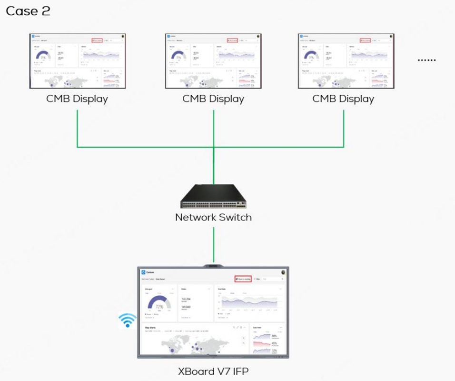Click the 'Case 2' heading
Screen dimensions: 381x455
click(x=28, y=11)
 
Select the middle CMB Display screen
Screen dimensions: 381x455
click(x=213, y=61)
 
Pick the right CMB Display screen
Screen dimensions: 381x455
click(x=346, y=61)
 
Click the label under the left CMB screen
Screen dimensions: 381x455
click(x=77, y=99)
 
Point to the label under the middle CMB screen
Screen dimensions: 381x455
click(x=213, y=99)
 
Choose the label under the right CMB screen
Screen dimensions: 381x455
click(x=343, y=99)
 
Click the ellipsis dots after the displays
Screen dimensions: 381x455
click(x=426, y=60)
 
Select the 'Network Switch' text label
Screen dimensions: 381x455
click(x=213, y=218)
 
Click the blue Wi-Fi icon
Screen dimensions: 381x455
click(x=127, y=321)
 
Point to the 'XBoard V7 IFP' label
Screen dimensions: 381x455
click(x=213, y=371)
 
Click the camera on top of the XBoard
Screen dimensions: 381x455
click(x=213, y=264)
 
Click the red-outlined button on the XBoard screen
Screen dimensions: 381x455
click(x=243, y=279)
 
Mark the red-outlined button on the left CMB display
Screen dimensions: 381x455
click(x=97, y=41)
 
